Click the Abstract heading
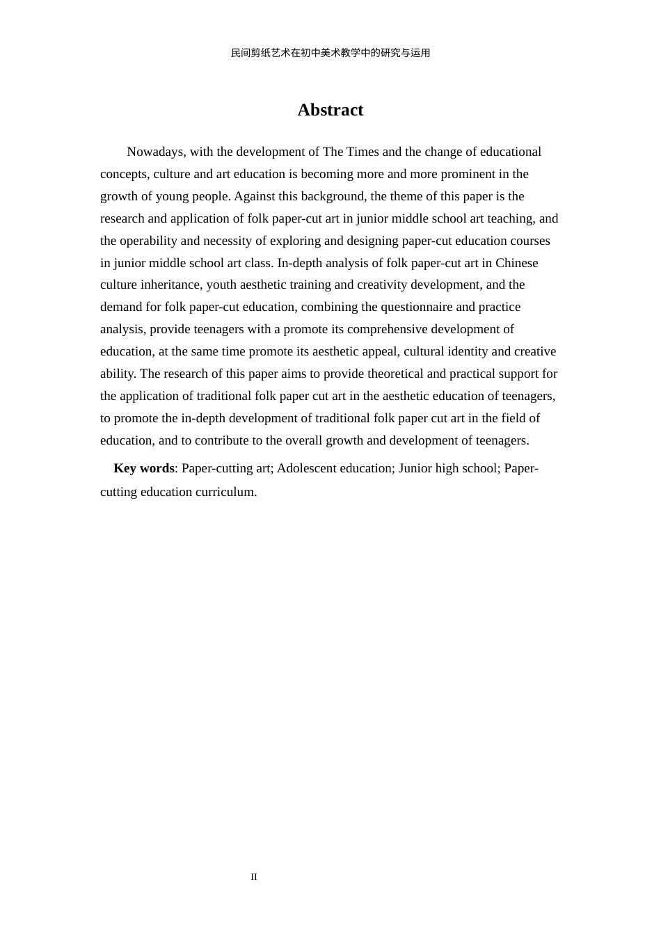pos(330,110)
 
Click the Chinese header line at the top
pos(330,53)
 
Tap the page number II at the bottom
pos(254,877)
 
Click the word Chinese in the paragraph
pos(516,263)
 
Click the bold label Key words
pos(144,468)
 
